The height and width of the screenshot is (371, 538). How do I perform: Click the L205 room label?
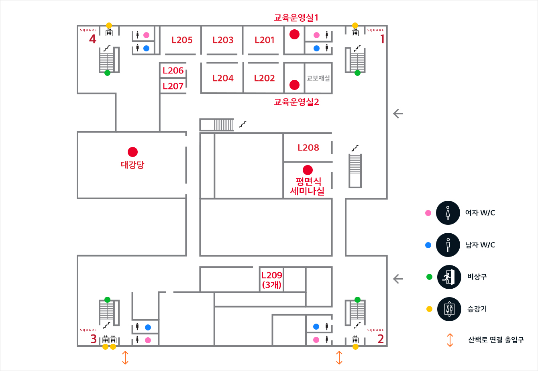(x=182, y=40)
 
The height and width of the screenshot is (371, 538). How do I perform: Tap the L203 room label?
(x=223, y=40)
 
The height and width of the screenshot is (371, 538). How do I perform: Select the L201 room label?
(x=265, y=40)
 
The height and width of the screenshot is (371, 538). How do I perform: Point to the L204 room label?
(x=223, y=78)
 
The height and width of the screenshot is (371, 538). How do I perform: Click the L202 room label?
(x=264, y=78)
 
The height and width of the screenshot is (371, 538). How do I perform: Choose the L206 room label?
(x=173, y=71)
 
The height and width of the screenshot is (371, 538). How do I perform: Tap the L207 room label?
(x=173, y=86)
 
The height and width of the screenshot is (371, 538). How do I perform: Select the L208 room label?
(x=308, y=148)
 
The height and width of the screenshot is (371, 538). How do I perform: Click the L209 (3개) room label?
(x=272, y=280)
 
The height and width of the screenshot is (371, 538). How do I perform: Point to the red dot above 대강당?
(x=132, y=152)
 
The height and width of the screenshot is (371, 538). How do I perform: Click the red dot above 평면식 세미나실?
(x=308, y=170)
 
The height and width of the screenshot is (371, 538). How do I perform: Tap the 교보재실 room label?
(x=318, y=78)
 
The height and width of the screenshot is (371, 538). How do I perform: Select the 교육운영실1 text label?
(x=296, y=18)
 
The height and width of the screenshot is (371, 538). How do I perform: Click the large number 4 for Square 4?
(x=93, y=39)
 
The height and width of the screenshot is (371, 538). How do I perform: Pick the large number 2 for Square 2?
(x=381, y=339)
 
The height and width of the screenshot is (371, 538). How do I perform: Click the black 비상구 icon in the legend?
(x=448, y=277)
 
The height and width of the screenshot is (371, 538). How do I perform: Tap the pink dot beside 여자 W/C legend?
(x=428, y=213)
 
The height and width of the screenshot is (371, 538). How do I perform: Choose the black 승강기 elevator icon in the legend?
(x=448, y=309)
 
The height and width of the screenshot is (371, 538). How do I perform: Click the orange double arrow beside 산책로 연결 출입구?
(x=450, y=340)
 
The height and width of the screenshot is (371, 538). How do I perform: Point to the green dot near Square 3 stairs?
(x=107, y=300)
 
